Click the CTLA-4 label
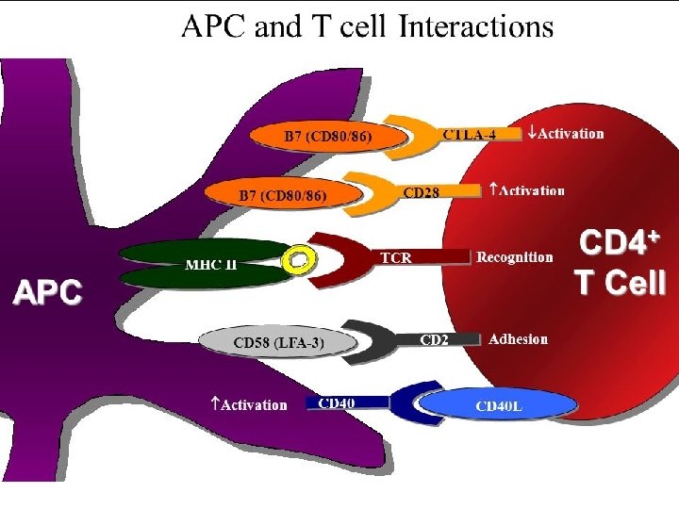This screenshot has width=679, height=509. click(469, 134)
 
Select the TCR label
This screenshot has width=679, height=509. click(395, 256)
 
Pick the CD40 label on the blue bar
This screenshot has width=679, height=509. click(337, 403)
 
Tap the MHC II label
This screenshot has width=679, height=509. click(210, 264)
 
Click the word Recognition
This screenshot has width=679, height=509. click(515, 257)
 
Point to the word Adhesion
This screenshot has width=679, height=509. click(518, 339)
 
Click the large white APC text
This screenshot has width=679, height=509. click(47, 292)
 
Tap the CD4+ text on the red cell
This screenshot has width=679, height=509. click(618, 243)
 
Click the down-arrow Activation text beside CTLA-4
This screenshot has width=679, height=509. click(565, 133)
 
